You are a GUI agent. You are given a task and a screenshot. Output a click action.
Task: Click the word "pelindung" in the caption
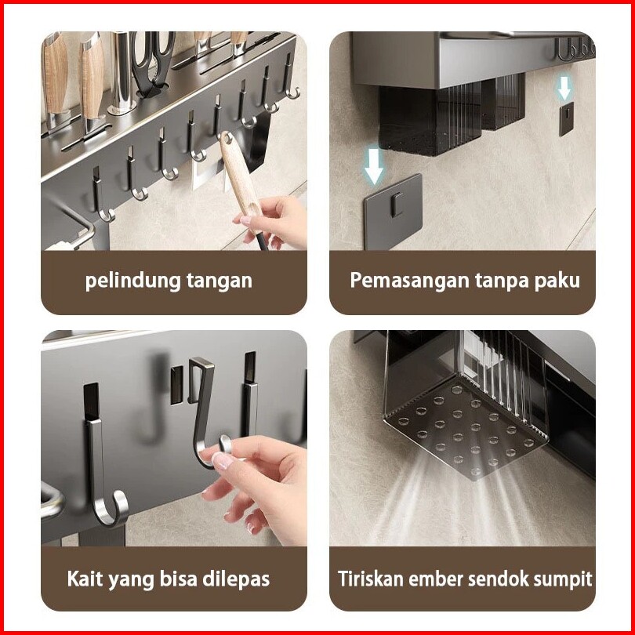(132, 281)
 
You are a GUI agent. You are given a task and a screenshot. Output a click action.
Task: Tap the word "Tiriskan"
(371, 579)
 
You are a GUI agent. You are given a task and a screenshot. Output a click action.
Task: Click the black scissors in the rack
(154, 63)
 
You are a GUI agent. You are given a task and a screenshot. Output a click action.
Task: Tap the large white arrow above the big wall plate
(373, 166)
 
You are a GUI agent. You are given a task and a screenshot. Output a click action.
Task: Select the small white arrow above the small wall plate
(564, 88)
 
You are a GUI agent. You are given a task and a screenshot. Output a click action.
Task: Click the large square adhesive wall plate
(393, 211)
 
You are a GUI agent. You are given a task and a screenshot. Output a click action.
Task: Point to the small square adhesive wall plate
(567, 119)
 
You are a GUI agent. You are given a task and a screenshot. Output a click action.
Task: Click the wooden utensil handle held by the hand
(240, 178)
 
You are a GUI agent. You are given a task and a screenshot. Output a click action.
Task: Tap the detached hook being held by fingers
(205, 410)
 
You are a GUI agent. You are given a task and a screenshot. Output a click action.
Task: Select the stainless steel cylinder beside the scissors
(122, 72)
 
